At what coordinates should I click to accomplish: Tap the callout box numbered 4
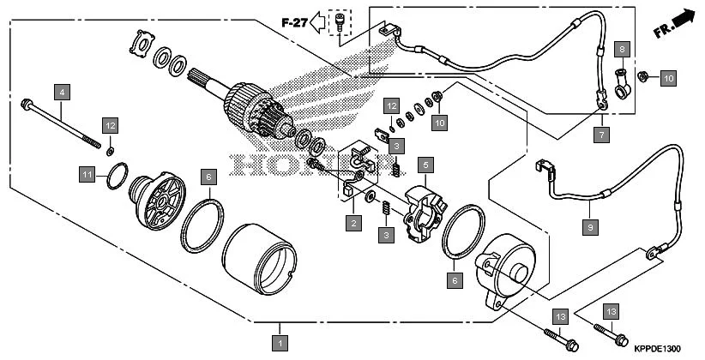pyautogui.click(x=61, y=90)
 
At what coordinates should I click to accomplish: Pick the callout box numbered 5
pyautogui.click(x=424, y=163)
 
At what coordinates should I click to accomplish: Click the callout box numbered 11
pyautogui.click(x=87, y=175)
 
